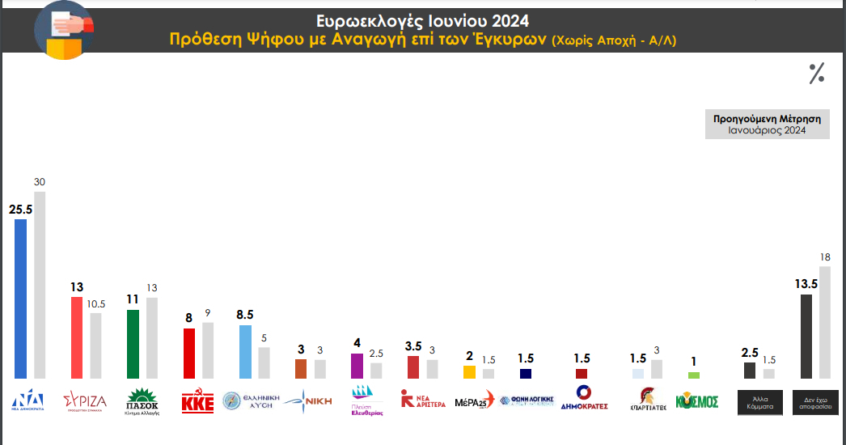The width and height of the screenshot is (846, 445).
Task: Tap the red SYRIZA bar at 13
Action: click(x=77, y=337)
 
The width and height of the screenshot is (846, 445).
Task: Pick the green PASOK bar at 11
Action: click(x=133, y=344)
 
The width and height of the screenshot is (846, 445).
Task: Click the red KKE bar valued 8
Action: click(x=188, y=354)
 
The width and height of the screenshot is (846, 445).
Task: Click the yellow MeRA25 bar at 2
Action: click(x=469, y=372)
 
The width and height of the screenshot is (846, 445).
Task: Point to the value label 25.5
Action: click(x=21, y=208)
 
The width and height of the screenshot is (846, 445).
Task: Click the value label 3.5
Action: click(x=412, y=345)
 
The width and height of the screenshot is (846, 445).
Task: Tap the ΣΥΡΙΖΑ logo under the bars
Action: click(x=85, y=401)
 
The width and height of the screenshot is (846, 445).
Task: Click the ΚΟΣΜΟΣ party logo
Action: click(x=696, y=401)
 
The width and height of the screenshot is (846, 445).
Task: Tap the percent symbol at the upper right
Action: click(x=817, y=74)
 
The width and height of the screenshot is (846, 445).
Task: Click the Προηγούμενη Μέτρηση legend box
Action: click(x=767, y=124)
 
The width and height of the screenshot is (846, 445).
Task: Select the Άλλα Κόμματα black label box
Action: click(x=759, y=402)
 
